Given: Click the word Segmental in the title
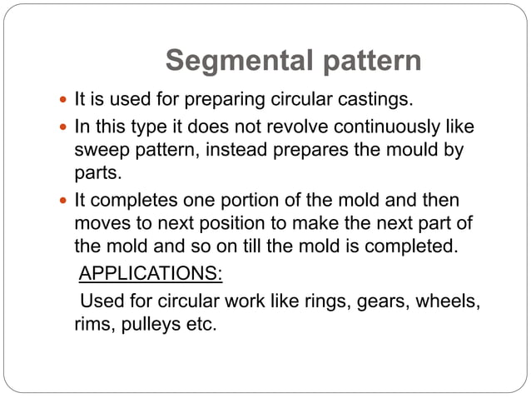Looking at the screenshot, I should point(236,61).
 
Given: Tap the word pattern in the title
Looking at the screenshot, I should point(367,61).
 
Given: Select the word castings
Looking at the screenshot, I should point(370,101).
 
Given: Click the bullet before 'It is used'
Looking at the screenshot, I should point(63,102).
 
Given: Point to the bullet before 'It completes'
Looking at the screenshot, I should point(63,201).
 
